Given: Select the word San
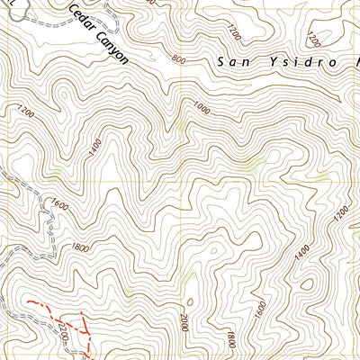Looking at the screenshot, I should (x=235, y=62).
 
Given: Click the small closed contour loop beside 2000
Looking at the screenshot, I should (x=190, y=302).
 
